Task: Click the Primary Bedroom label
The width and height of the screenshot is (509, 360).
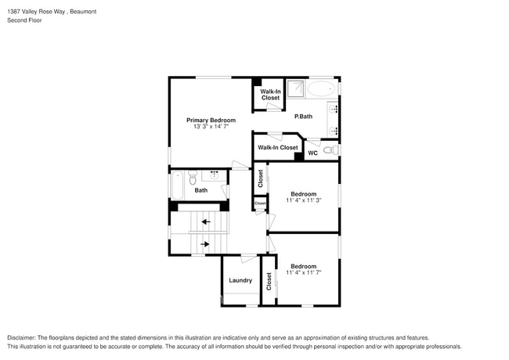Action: tap(211, 121)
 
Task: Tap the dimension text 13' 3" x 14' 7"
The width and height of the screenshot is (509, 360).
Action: tap(211, 128)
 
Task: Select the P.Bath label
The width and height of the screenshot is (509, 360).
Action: tap(303, 117)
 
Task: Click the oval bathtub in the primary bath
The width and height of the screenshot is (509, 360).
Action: tap(321, 89)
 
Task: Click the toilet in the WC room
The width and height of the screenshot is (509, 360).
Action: tap(330, 149)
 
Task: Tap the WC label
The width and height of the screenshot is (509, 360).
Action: tap(312, 153)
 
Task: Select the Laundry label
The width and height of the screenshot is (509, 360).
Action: tap(240, 280)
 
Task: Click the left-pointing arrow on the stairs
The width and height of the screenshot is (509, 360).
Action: tap(205, 222)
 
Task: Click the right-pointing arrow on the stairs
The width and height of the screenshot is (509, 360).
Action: tap(205, 244)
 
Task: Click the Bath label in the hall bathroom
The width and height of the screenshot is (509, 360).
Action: tap(201, 190)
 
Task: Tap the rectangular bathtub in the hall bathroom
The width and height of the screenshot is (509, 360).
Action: tap(179, 185)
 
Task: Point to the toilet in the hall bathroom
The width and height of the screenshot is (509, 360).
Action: tap(214, 175)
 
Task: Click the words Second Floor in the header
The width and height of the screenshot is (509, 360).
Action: tap(24, 20)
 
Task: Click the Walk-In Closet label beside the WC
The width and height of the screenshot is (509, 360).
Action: tap(278, 147)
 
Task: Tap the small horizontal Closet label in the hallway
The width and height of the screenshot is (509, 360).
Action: tap(259, 203)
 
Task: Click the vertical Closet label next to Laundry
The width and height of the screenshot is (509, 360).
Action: tap(269, 281)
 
